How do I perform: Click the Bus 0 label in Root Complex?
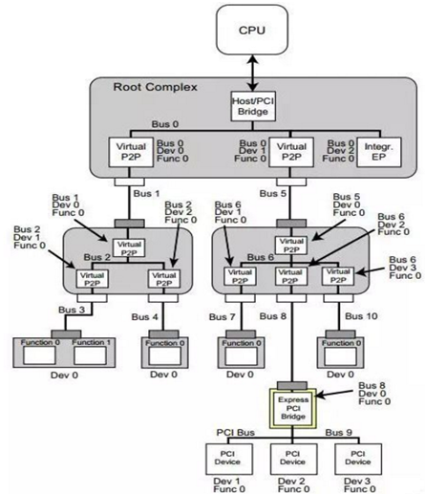point(164,124)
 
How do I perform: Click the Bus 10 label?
point(366,315)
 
